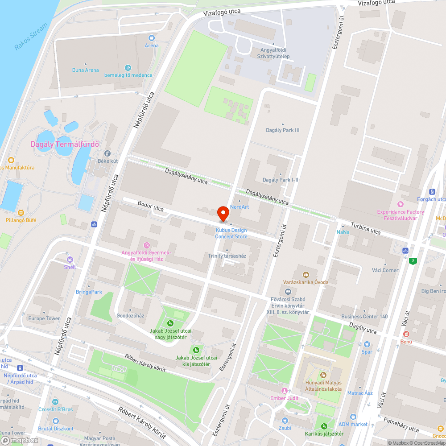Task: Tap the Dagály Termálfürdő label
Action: tap(65, 144)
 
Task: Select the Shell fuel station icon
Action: tap(70, 260)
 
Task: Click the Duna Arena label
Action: tap(86, 70)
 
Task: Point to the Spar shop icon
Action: tap(367, 344)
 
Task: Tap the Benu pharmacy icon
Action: tap(406, 334)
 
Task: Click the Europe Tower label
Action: tap(44, 318)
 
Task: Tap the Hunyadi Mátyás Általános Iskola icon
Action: tap(323, 375)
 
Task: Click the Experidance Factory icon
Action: tap(400, 204)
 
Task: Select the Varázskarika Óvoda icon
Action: tap(306, 274)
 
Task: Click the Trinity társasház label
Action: tap(227, 256)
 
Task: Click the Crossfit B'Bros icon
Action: tap(55, 402)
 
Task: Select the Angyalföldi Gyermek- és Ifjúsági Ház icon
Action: tap(147, 245)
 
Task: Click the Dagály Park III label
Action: tap(282, 130)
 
